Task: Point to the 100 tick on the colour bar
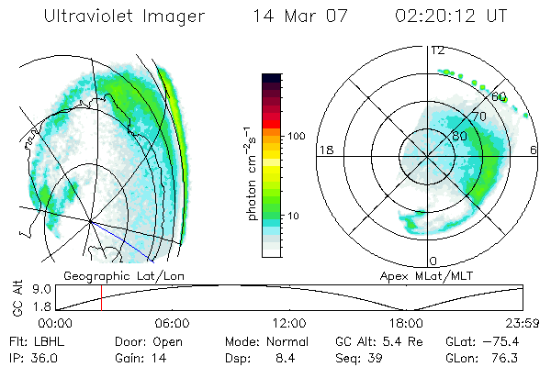click(296, 136)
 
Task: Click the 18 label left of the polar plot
click(323, 150)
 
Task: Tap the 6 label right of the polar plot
click(534, 150)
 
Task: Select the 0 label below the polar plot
click(433, 261)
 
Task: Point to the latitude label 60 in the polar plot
click(500, 95)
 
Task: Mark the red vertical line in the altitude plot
click(101, 298)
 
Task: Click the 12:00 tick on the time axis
click(289, 323)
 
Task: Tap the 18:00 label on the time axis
click(406, 323)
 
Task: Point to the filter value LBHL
click(46, 340)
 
